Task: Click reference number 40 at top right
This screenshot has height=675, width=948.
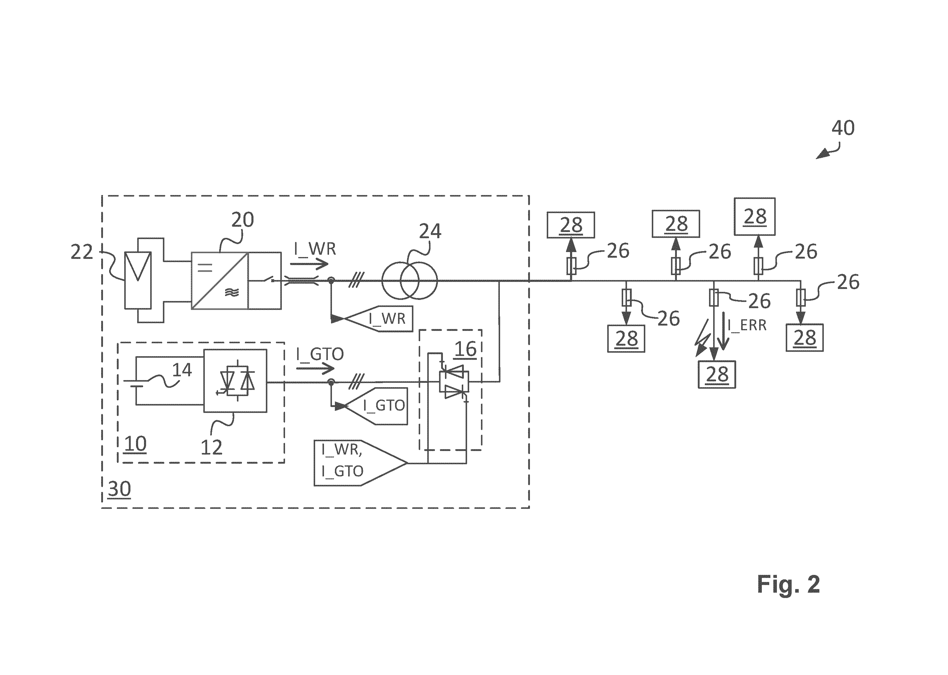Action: pyautogui.click(x=843, y=128)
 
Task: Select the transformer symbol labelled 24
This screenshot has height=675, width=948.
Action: pyautogui.click(x=410, y=281)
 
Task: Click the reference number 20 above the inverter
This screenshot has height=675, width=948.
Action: pyautogui.click(x=242, y=220)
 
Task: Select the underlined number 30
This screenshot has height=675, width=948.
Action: pyautogui.click(x=119, y=489)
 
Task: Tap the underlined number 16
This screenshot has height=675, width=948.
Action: pyautogui.click(x=465, y=349)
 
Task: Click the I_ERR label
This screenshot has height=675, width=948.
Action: pyautogui.click(x=746, y=325)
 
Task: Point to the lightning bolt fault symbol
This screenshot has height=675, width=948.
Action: pyautogui.click(x=702, y=339)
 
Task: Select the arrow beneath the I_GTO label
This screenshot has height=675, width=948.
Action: pyautogui.click(x=315, y=368)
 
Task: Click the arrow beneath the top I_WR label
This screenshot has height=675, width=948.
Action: pyautogui.click(x=312, y=264)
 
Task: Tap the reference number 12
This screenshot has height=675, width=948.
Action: pyautogui.click(x=212, y=447)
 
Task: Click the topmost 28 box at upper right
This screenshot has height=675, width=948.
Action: pyautogui.click(x=755, y=217)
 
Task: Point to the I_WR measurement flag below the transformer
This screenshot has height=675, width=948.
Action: pyautogui.click(x=376, y=319)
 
